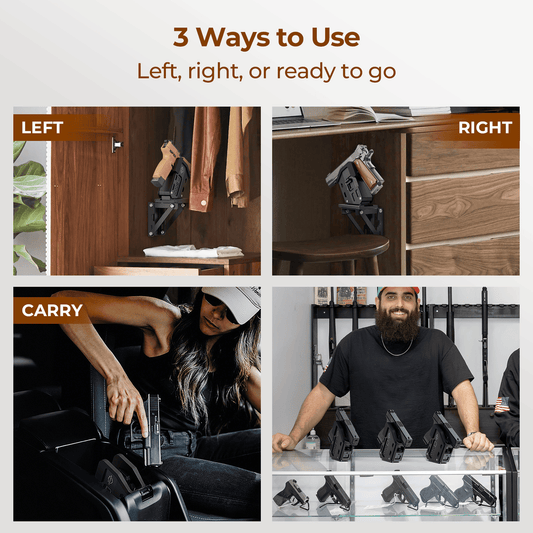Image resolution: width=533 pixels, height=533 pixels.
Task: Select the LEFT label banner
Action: (43, 128)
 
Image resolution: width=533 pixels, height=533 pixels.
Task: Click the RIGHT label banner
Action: (484, 128)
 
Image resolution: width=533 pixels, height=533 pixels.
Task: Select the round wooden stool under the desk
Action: (330, 250)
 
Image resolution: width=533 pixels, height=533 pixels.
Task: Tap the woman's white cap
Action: (232, 297)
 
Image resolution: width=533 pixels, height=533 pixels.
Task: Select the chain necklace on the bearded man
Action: (397, 349)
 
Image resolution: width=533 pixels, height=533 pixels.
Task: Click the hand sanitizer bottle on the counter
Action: (313, 438)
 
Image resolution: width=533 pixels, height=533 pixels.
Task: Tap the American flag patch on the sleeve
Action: (501, 404)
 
